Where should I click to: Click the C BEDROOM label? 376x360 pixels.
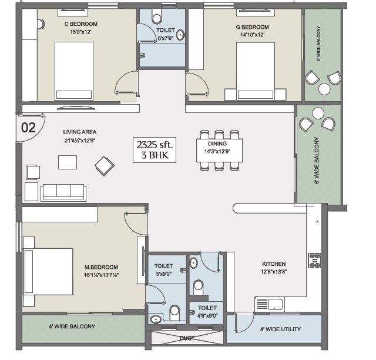[x=81, y=24]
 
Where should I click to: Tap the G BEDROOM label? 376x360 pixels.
[x=253, y=27]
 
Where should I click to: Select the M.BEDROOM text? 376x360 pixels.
[x=101, y=267]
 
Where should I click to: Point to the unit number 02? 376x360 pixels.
[x=28, y=126]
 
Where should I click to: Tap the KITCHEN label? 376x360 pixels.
[x=274, y=264]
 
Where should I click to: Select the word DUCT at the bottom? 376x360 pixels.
[x=187, y=338]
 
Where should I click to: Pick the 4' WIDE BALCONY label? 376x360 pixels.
[x=72, y=326]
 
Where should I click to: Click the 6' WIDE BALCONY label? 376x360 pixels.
[x=317, y=161]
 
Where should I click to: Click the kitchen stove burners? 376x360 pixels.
[x=314, y=259]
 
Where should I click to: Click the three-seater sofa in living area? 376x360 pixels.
[x=63, y=192]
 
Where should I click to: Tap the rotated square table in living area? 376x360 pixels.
[x=105, y=166]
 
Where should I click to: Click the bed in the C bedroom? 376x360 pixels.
[x=75, y=71]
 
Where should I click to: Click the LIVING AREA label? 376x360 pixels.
[x=80, y=132]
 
